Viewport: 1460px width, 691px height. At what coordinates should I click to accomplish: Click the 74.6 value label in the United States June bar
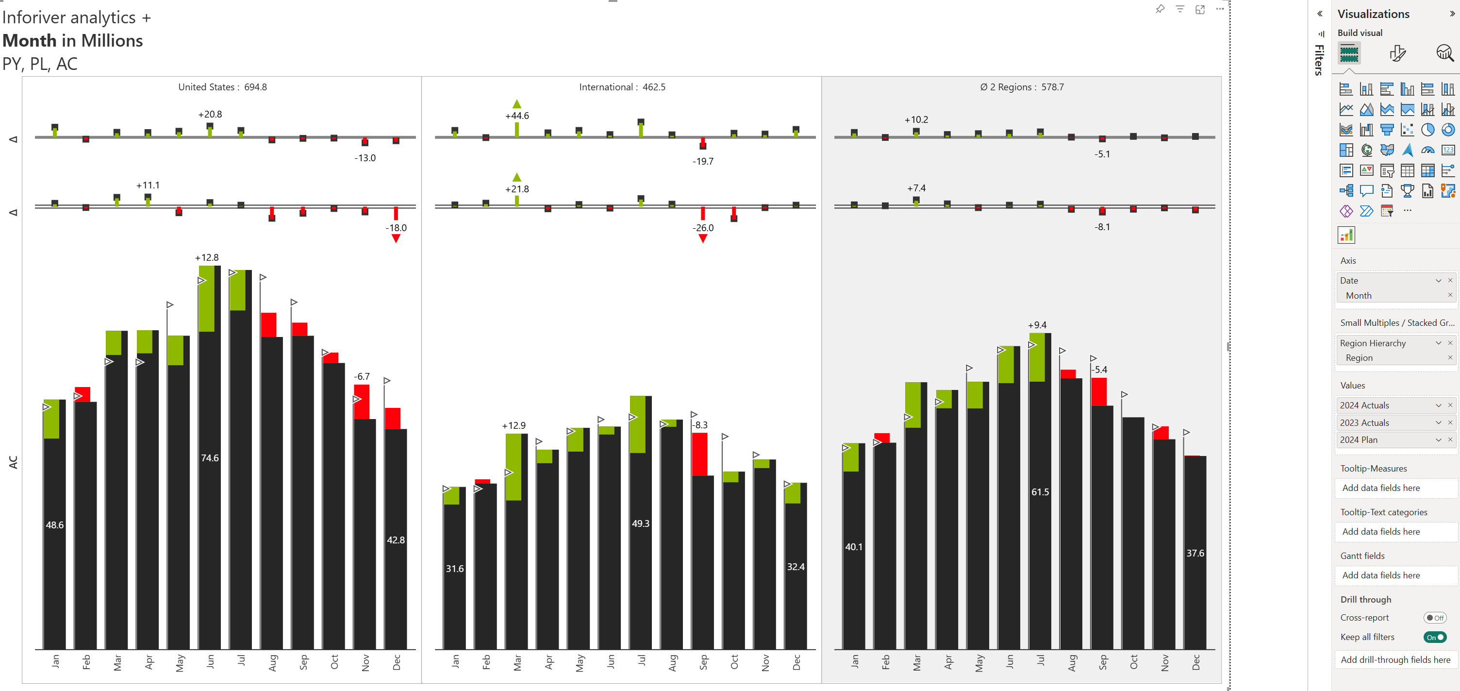pos(210,458)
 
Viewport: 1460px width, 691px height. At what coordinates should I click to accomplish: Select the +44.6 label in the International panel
pos(517,116)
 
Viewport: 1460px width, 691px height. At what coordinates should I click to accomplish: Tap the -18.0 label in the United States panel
pos(396,228)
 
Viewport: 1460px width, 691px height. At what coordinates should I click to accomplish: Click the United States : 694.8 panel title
pos(222,87)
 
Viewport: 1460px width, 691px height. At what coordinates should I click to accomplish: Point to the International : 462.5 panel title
pos(622,87)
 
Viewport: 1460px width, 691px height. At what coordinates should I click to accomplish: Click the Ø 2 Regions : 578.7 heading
pos(1021,87)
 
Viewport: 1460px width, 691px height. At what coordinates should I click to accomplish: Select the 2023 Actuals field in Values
pos(1364,423)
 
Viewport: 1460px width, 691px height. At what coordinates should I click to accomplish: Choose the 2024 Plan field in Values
pos(1359,440)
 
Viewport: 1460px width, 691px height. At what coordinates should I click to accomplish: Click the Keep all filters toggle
pos(1434,637)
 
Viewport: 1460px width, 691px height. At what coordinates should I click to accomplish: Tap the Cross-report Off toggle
pos(1434,618)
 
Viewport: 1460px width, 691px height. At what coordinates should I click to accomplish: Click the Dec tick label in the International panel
pos(796,662)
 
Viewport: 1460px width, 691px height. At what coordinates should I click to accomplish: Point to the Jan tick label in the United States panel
pos(55,661)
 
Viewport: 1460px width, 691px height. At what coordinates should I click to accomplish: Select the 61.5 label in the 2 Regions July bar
pos(1040,492)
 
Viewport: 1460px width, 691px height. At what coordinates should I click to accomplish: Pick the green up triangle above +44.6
pos(517,104)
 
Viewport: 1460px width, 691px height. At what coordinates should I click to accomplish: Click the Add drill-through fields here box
pos(1395,660)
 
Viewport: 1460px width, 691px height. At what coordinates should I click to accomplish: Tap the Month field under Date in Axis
pos(1359,296)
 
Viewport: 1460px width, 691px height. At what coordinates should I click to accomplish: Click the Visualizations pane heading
pos(1373,14)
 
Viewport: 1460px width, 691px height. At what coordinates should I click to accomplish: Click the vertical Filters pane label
pos(1319,60)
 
